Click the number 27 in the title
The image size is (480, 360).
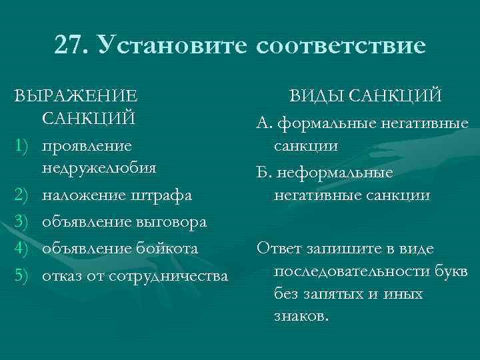click(69, 45)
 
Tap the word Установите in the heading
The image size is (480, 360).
click(171, 45)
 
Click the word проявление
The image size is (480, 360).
click(87, 145)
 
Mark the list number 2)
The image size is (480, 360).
click(22, 195)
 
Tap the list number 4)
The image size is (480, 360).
click(22, 248)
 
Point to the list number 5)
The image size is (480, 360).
click(22, 275)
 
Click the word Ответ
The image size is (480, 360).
click(280, 249)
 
